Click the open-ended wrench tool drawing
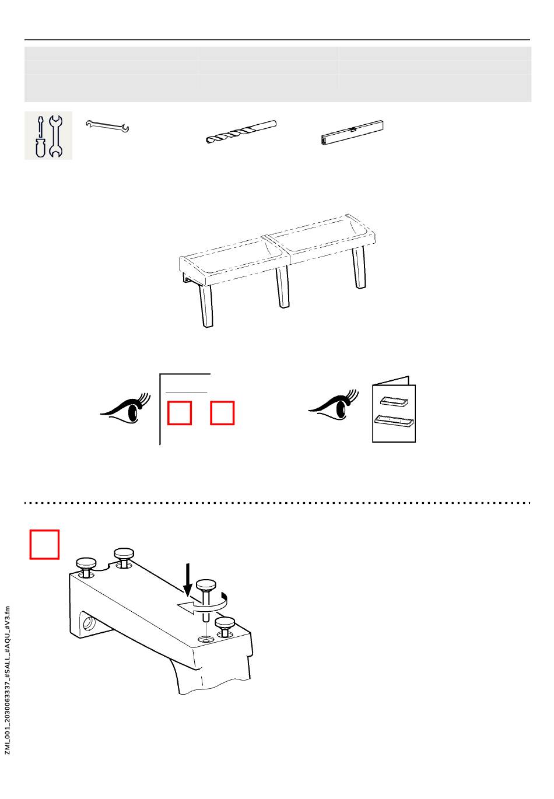107,126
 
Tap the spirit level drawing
352,132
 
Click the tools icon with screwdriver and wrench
48,135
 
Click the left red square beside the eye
180,413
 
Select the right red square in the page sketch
222,413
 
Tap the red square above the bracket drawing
44,545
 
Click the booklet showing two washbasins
394,409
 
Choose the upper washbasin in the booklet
394,401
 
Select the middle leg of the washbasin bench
282,286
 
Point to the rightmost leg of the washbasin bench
359,267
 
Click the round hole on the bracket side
87,623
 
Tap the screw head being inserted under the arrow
206,584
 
